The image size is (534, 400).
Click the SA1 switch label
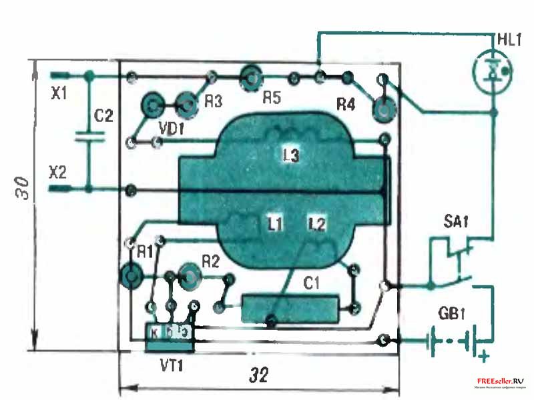click(456, 222)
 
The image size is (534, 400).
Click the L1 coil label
click(272, 225)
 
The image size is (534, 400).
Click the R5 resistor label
click(272, 98)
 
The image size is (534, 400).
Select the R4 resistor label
click(346, 105)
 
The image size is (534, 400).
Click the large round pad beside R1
click(131, 274)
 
